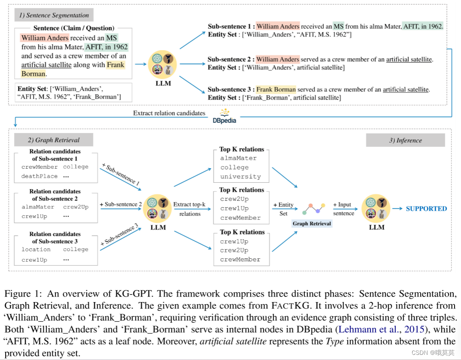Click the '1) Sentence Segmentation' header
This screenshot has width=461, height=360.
click(x=54, y=15)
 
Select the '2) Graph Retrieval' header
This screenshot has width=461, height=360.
click(x=53, y=140)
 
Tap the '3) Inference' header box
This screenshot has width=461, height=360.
click(x=405, y=140)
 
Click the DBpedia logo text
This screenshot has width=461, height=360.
click(x=224, y=120)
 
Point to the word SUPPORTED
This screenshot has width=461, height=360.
click(x=426, y=209)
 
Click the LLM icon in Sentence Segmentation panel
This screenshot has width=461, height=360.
click(x=163, y=65)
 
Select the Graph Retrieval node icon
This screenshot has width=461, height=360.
click(x=314, y=209)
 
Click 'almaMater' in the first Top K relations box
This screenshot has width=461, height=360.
click(x=238, y=158)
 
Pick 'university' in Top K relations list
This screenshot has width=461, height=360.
click(x=240, y=176)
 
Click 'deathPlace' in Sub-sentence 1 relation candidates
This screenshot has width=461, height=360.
click(x=39, y=176)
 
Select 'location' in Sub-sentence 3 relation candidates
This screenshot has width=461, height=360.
click(x=36, y=249)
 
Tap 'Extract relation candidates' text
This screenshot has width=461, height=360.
click(x=169, y=113)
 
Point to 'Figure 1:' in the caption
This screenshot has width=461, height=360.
click(x=19, y=294)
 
